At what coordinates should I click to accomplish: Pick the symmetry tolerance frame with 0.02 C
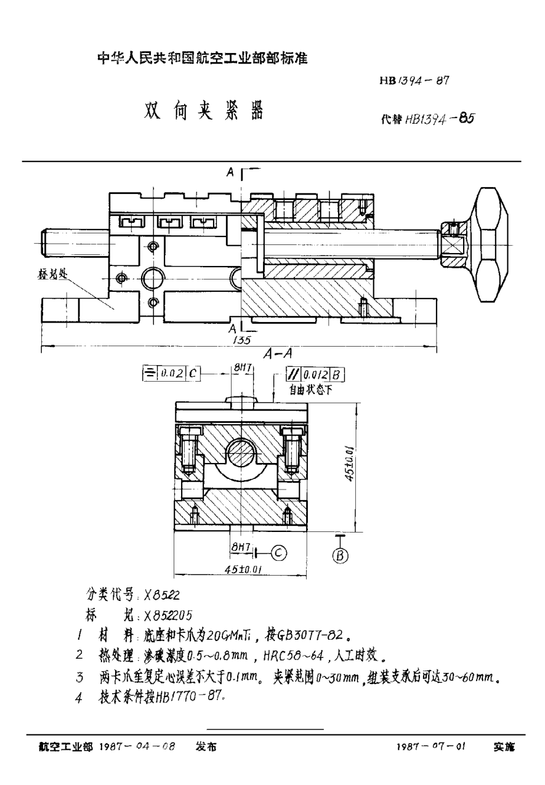point(171,372)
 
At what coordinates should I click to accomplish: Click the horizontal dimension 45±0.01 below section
point(241,570)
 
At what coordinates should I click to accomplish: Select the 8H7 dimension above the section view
point(241,368)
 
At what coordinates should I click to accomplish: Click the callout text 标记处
point(53,275)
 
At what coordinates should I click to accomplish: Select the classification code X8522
point(161,595)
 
